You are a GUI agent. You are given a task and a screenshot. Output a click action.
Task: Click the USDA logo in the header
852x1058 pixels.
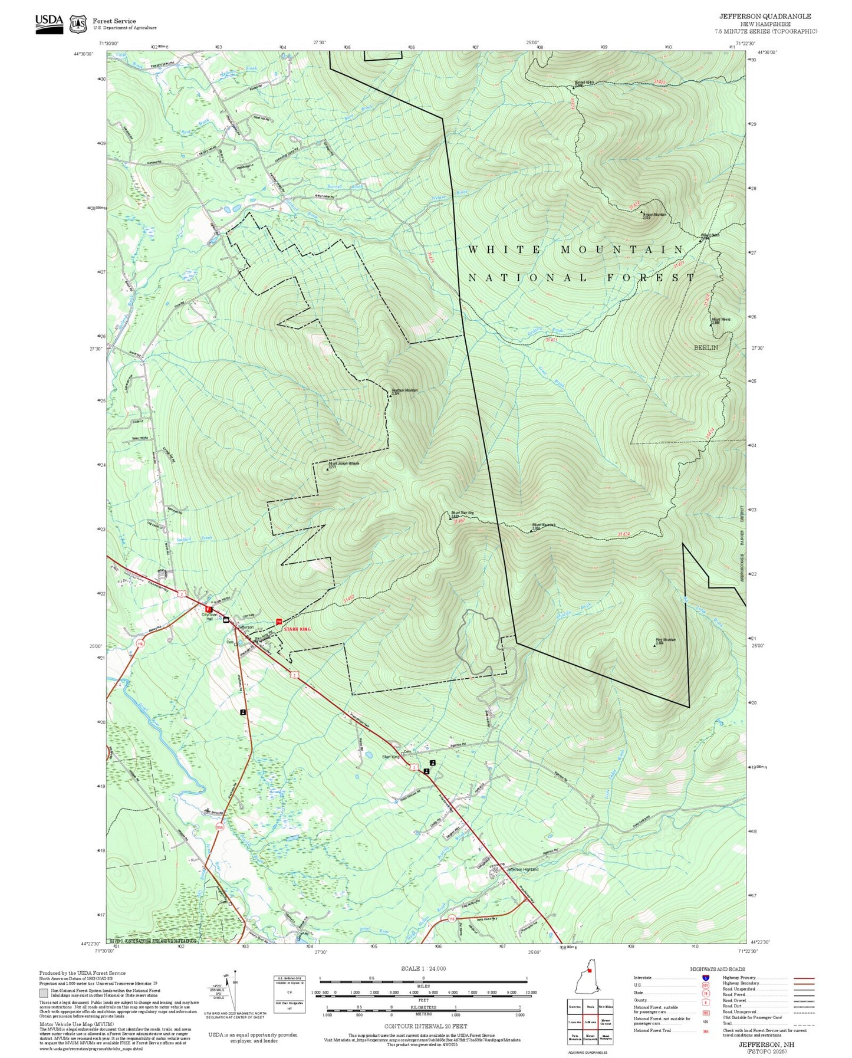(49, 23)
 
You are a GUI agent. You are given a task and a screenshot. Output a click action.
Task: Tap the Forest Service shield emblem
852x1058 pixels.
(77, 24)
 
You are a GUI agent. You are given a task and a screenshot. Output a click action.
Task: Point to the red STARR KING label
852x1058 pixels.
(297, 629)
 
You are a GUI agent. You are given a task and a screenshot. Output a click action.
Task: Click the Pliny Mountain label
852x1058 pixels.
(665, 640)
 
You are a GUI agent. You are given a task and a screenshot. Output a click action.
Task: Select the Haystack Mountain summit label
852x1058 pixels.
(404, 390)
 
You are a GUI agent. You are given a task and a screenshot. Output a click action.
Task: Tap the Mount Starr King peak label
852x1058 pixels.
(462, 513)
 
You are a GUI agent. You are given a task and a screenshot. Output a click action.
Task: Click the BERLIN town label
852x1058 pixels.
(705, 347)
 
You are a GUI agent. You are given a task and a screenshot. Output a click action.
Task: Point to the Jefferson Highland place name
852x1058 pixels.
(522, 869)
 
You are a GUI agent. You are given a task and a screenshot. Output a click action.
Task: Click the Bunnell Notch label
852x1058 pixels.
(584, 83)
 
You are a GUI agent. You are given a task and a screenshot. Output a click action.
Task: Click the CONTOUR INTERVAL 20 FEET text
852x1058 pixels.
(425, 1026)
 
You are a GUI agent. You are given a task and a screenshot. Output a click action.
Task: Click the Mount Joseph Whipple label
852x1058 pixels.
(344, 464)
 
